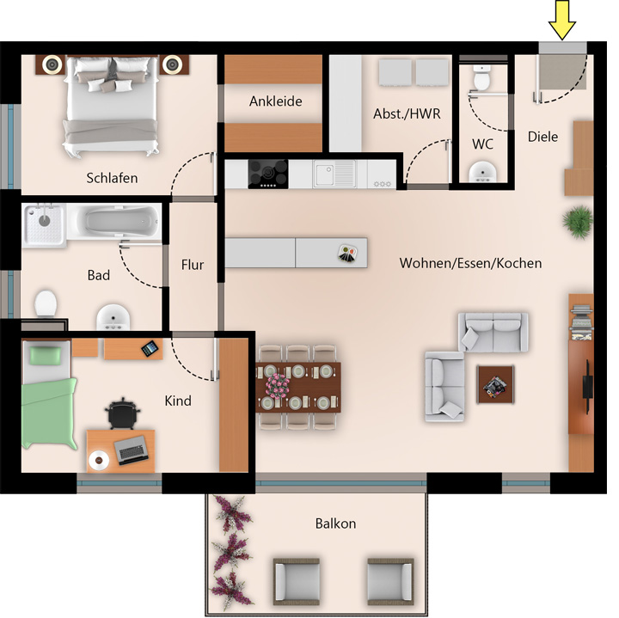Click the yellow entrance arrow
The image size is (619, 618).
point(562,20)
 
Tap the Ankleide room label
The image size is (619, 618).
point(276,101)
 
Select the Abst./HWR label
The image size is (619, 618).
point(407,113)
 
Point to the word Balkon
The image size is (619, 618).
point(335,523)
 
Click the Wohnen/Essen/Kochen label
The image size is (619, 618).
point(470,263)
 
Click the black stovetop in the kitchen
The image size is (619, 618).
point(267,174)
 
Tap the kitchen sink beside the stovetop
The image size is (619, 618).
point(334,174)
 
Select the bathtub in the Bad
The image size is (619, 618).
point(114,222)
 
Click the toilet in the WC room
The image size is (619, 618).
point(481,77)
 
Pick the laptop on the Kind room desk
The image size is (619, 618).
point(131,450)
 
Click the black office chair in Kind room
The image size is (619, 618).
point(123,413)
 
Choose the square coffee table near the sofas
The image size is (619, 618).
point(495,384)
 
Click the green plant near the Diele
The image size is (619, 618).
point(578,222)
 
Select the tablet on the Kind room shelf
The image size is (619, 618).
point(150,348)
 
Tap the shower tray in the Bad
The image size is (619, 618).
point(44,225)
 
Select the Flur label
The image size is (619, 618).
point(193,265)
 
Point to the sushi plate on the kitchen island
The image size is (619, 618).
point(347,254)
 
